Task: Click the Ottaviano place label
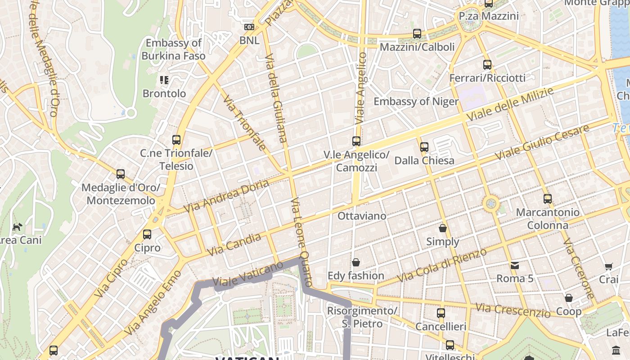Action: [362, 216]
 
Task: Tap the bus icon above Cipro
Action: [147, 234]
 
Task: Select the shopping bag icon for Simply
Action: [443, 228]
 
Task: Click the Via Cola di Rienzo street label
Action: [442, 265]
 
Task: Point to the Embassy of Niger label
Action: [416, 101]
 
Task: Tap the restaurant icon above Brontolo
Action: [164, 81]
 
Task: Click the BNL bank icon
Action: [249, 27]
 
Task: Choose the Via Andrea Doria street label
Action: [226, 197]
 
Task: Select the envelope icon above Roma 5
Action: [515, 265]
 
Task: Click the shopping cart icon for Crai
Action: [609, 266]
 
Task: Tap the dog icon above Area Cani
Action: [17, 227]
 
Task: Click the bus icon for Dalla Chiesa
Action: [424, 147]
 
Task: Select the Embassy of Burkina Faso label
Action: [173, 49]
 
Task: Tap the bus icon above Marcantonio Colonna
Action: [548, 198]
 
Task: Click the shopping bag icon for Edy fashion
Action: [356, 262]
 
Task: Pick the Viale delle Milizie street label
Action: [510, 104]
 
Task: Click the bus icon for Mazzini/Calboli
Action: [417, 34]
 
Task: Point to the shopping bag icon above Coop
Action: [569, 298]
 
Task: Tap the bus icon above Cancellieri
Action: [441, 313]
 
